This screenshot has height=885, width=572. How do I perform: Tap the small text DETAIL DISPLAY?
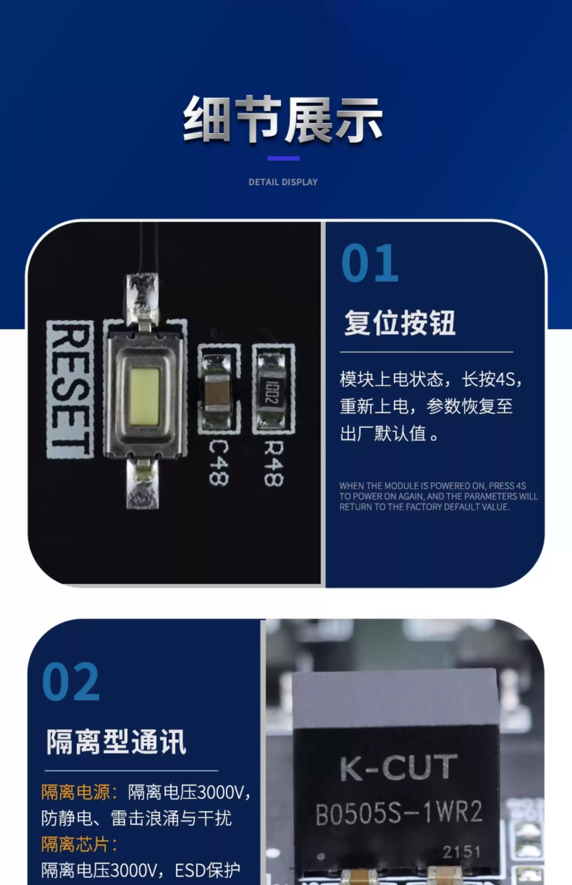point(283,182)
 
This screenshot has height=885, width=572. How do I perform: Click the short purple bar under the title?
point(283,158)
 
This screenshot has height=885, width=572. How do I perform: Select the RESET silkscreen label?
point(70,390)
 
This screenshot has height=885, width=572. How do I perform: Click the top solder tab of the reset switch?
point(142,299)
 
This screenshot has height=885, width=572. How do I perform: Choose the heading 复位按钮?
point(400,323)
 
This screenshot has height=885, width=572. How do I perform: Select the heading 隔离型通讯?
point(116,742)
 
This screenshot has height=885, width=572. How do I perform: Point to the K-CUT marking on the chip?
point(398,767)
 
